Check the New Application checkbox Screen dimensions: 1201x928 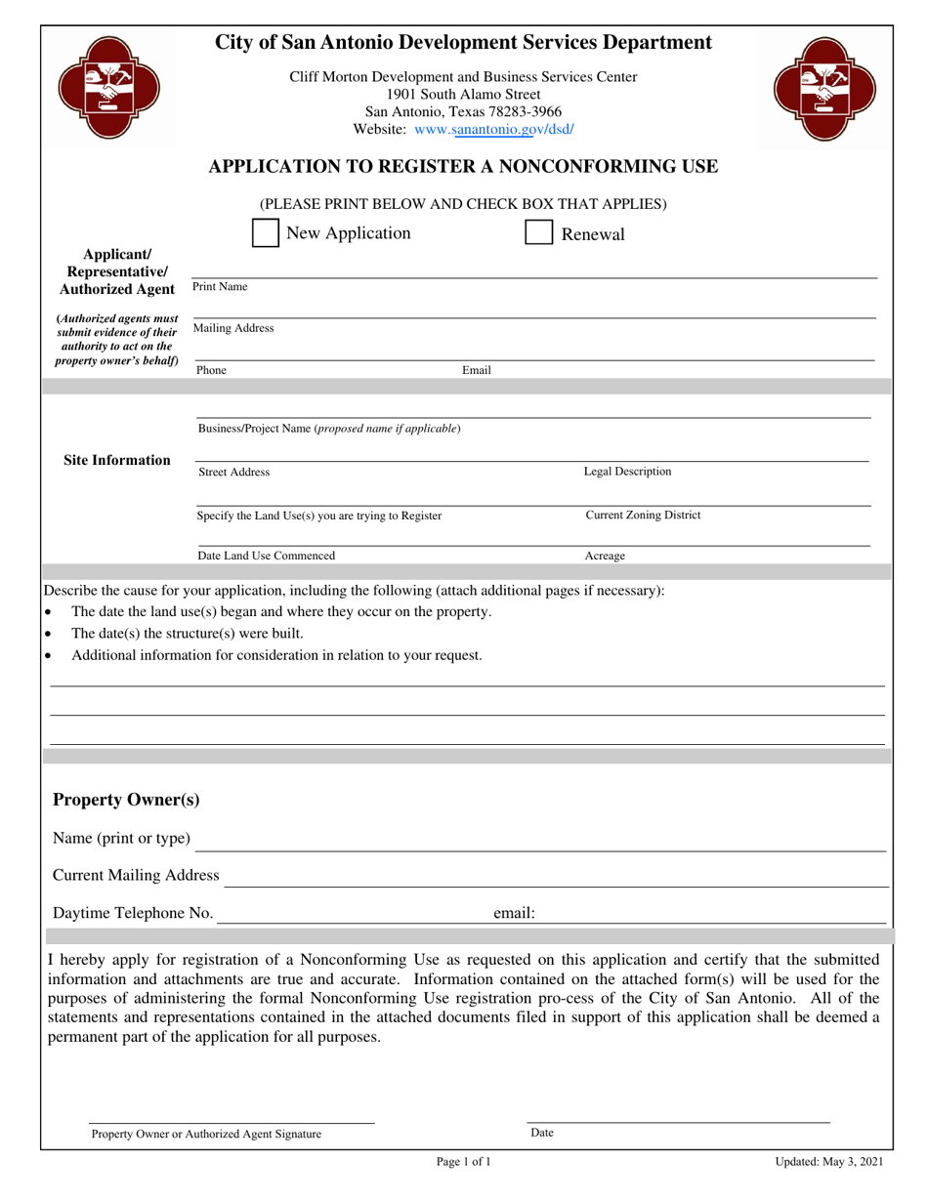(266, 233)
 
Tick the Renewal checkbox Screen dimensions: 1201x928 (539, 233)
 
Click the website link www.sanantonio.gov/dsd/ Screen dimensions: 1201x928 (494, 129)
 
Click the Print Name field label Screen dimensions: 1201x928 (220, 287)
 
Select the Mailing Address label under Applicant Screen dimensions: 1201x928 (233, 329)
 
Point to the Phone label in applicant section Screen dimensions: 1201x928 (211, 371)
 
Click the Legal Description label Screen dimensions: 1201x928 (627, 472)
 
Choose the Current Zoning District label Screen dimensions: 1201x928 (643, 516)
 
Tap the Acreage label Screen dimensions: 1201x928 (605, 557)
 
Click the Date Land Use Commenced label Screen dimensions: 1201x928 (266, 557)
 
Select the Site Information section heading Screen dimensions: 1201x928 (117, 460)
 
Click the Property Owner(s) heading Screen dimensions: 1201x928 (126, 801)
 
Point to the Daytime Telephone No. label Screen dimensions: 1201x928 (133, 914)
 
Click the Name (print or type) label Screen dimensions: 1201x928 (122, 839)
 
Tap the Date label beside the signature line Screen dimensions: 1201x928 (542, 1134)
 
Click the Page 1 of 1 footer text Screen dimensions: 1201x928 (463, 1162)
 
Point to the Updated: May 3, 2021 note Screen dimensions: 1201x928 (829, 1162)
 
